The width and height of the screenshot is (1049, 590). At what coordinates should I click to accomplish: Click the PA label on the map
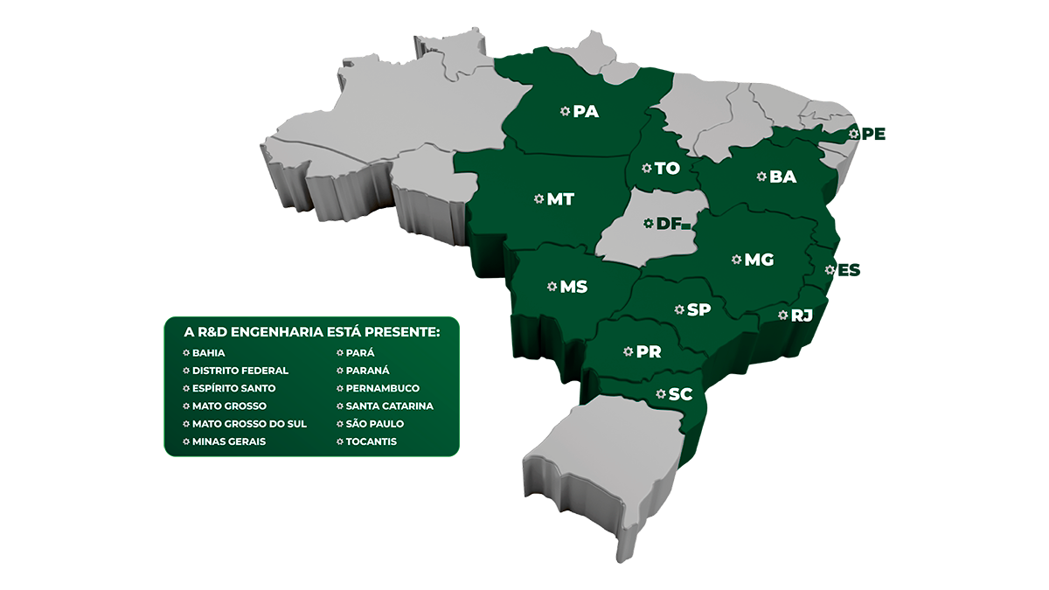tap(586, 112)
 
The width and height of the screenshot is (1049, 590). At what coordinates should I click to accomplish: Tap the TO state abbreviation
tap(667, 168)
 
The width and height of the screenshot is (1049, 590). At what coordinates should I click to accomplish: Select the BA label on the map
tap(783, 177)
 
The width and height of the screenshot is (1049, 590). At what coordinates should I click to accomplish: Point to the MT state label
tap(560, 199)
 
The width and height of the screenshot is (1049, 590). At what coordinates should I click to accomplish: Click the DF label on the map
tap(669, 224)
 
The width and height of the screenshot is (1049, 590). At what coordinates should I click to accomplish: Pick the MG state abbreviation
tap(759, 260)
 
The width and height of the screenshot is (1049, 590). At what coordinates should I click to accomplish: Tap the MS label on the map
tap(573, 287)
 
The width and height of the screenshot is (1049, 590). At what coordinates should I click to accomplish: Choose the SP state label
tap(698, 309)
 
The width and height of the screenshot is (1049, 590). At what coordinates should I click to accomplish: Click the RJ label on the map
tap(802, 316)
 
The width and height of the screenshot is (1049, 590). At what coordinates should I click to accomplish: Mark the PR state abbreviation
tap(649, 352)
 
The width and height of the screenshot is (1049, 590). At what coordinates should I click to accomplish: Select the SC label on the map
tap(680, 394)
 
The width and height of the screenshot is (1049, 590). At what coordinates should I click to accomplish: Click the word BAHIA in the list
tap(208, 353)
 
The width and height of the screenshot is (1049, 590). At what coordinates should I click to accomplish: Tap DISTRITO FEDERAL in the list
tap(240, 371)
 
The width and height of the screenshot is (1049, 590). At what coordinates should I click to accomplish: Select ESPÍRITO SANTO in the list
tap(233, 388)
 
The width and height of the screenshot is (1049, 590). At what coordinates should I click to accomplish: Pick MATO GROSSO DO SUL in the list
tap(249, 424)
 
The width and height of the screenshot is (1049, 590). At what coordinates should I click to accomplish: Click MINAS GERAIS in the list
tap(229, 441)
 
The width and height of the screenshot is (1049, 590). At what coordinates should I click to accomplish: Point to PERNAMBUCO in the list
tap(382, 388)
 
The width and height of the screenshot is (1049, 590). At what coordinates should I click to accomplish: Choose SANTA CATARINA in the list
tap(389, 406)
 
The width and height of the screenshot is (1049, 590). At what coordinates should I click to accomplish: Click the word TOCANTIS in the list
tap(371, 441)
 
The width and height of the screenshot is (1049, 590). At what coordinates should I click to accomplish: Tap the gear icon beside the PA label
tap(565, 111)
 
